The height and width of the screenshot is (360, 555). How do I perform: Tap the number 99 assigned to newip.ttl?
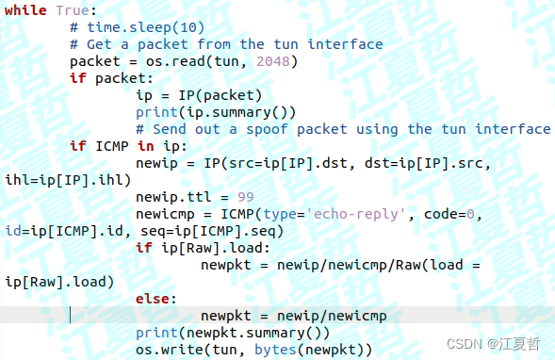245,197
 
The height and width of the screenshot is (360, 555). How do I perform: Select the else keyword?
154,299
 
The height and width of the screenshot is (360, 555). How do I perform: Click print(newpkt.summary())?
232,333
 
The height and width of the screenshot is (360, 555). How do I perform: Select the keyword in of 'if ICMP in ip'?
146,146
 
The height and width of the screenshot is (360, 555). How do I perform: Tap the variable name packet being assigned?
94,61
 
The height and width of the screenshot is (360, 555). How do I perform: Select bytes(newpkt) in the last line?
319,350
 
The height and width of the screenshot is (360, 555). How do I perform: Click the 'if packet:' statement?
110,78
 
